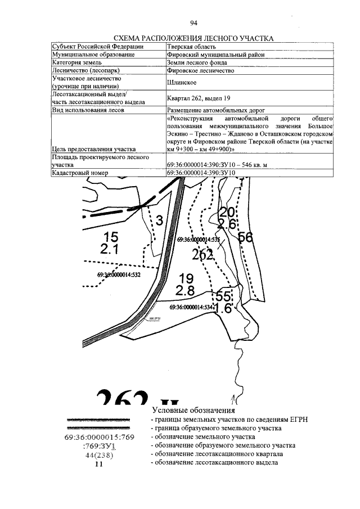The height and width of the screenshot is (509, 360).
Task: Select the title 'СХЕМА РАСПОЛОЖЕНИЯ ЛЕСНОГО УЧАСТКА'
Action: [193, 38]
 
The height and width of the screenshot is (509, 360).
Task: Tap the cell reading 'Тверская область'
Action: [192, 47]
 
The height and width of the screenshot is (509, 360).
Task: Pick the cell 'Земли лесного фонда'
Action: [197, 63]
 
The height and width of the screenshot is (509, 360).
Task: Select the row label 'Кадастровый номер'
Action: [79, 173]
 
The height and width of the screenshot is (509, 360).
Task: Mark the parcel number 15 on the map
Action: [111, 237]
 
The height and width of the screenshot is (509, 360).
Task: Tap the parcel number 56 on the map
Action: [245, 237]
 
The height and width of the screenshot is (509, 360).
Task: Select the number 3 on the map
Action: [159, 220]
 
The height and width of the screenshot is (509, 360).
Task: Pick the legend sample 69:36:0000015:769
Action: [100, 437]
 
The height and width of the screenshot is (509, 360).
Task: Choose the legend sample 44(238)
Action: [99, 456]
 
